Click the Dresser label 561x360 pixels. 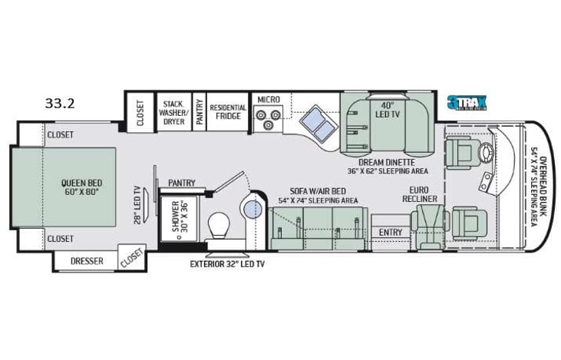86,261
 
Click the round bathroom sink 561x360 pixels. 253,210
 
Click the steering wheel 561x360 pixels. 485,153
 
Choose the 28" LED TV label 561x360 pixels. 139,203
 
